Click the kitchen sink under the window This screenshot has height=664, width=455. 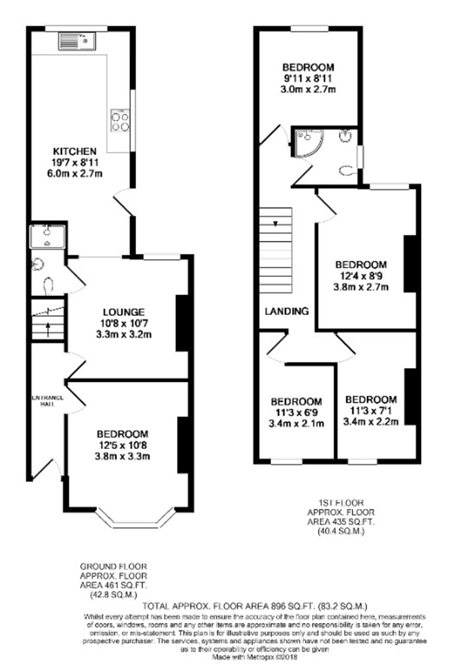[x=77, y=41]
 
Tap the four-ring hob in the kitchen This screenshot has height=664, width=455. [x=120, y=121]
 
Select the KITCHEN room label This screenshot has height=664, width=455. [x=75, y=151]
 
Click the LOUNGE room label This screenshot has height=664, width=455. [x=124, y=312]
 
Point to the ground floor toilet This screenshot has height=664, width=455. [x=48, y=286]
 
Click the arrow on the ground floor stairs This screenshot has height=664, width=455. [x=48, y=328]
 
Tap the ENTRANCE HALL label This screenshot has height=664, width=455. [x=48, y=401]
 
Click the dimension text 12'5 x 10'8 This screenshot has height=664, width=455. [x=122, y=445]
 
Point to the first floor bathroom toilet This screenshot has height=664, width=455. [x=347, y=171]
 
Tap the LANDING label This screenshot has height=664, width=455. [x=287, y=311]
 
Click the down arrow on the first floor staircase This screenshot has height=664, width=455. [x=276, y=223]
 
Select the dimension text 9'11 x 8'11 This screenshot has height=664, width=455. [x=308, y=78]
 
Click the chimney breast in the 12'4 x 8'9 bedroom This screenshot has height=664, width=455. [x=410, y=264]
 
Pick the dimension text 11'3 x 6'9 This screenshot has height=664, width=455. [x=296, y=413]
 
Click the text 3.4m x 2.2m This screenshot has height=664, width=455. [x=371, y=422]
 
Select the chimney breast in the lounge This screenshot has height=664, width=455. [x=182, y=323]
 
